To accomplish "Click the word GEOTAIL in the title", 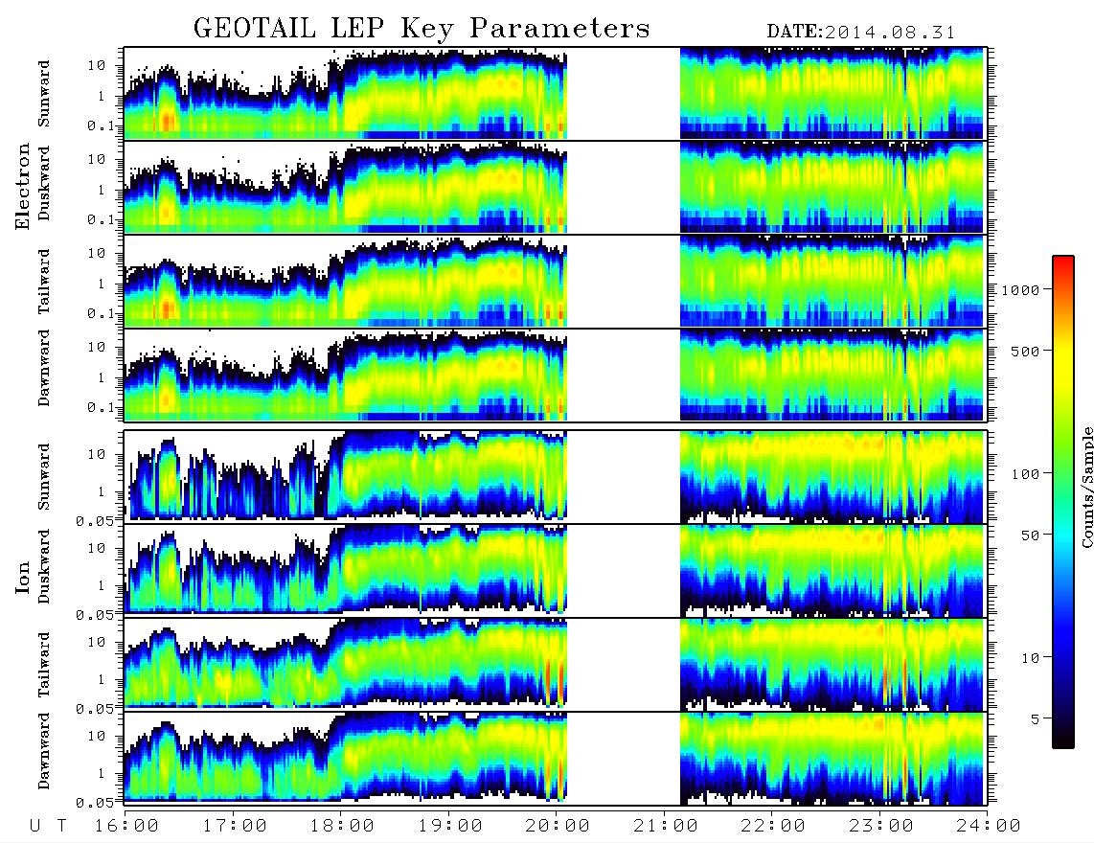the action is click(255, 29).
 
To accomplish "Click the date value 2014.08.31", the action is click(890, 33).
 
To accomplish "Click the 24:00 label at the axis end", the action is click(988, 826).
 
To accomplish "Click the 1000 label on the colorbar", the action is click(1020, 290).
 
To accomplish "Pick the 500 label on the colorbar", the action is click(1025, 351).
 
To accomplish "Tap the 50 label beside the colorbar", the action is click(1030, 535).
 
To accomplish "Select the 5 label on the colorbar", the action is click(1035, 718).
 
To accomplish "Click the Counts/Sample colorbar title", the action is click(1086, 487).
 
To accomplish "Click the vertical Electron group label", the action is click(22, 186).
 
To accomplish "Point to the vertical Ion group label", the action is click(22, 577).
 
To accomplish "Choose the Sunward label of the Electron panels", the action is click(44, 94).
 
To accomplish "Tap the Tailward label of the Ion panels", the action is click(44, 665).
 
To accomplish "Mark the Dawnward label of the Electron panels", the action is click(44, 368).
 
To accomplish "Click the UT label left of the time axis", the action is click(48, 826).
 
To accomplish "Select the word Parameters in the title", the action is click(559, 29).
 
